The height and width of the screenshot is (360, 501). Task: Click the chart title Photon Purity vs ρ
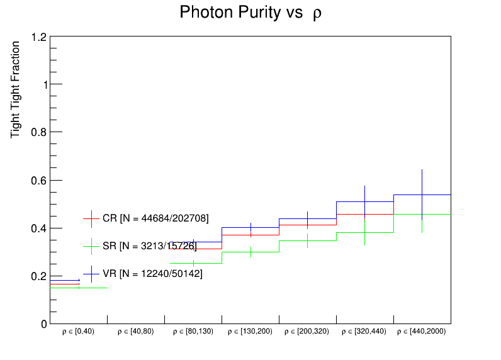click(250, 13)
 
